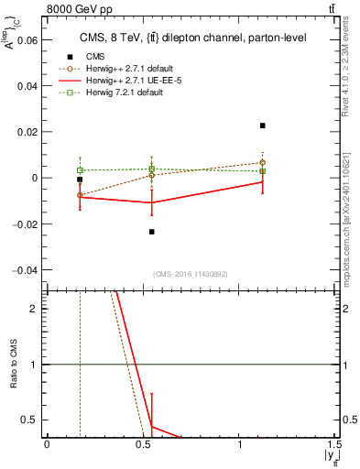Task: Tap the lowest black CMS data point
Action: (x=152, y=232)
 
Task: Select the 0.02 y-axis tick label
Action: (x=27, y=132)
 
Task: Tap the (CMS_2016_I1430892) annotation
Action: (x=190, y=275)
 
